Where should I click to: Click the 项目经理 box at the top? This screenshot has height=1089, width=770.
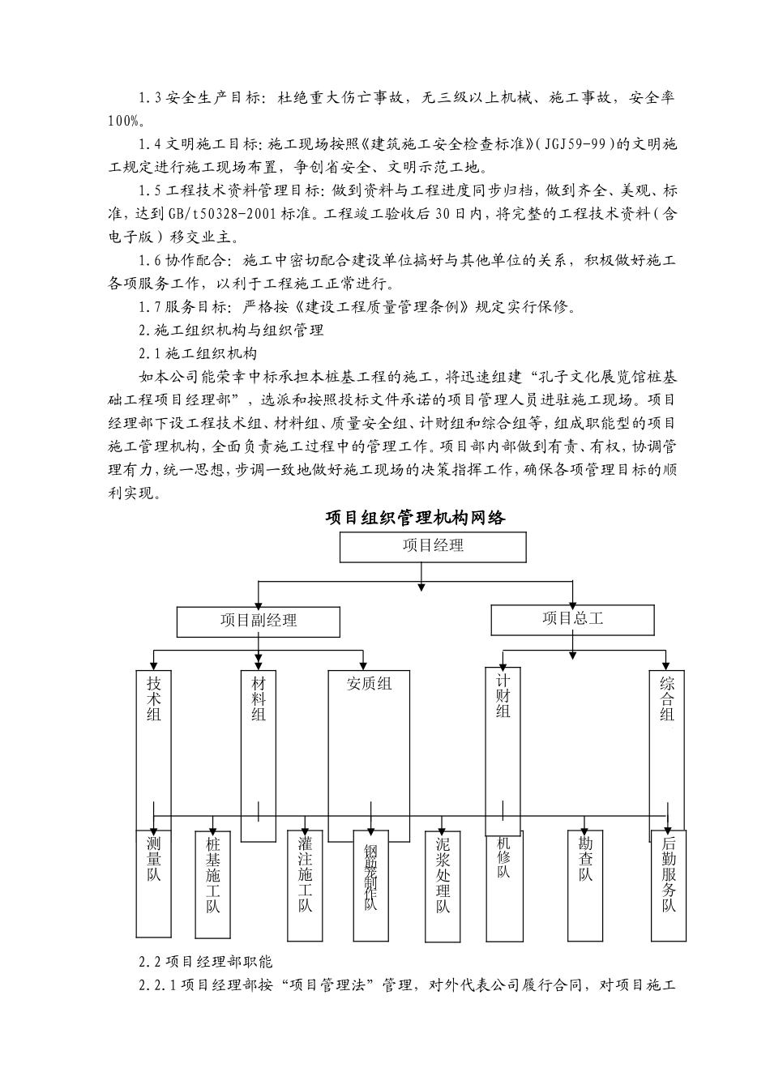433,546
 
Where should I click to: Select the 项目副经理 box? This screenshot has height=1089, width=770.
259,621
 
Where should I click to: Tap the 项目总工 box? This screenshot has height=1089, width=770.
572,620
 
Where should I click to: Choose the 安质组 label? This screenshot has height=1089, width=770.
369,684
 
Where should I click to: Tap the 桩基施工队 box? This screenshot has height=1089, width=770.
213,875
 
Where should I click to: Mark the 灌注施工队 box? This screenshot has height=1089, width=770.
305,875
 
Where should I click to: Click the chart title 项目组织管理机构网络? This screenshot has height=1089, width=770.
415,517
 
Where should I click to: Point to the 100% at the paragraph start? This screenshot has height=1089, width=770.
125,121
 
